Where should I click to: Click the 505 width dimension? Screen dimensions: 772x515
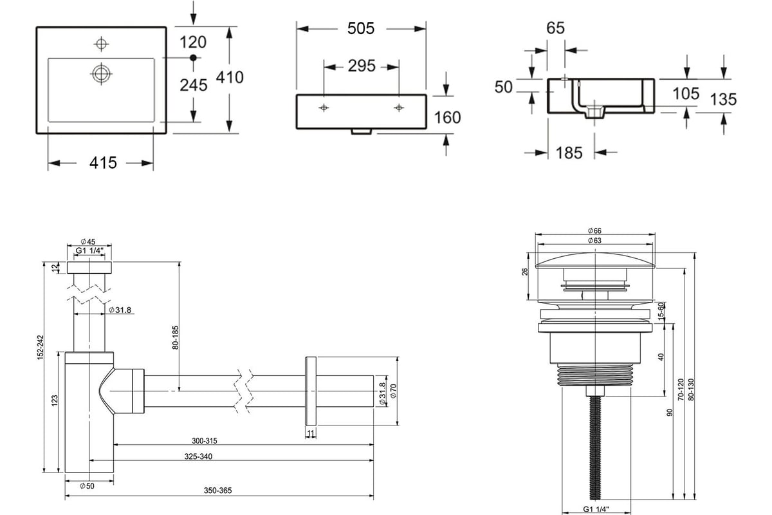360,28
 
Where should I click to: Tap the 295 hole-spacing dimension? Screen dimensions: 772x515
361,66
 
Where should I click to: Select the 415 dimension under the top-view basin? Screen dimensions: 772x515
103,163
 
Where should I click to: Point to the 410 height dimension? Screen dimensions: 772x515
230,77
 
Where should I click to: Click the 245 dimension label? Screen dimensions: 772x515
194,85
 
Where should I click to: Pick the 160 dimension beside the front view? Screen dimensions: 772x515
447,118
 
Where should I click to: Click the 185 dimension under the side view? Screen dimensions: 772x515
569,153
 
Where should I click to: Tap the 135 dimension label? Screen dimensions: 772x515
723,100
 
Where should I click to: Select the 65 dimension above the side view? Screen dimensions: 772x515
555,28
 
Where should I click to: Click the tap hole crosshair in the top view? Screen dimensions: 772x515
102,44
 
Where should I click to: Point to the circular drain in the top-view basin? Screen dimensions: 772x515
102,73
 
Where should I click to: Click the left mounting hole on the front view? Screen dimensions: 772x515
324,108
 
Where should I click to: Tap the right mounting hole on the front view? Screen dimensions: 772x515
399,108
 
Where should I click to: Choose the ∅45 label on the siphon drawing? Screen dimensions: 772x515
88,242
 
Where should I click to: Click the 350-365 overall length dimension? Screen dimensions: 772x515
217,490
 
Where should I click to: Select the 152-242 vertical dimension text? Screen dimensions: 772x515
41,348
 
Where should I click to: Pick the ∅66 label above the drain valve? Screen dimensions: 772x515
594,230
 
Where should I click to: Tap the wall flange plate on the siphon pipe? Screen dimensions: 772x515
311,391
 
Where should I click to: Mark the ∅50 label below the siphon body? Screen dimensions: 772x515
87,486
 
